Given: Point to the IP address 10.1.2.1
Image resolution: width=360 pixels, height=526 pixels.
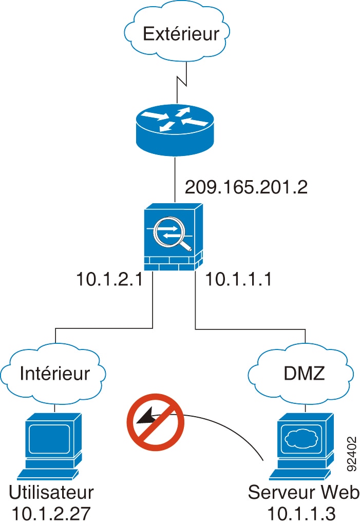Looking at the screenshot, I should pos(109,280).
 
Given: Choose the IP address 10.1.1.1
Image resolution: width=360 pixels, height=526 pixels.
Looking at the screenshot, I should pos(238,280).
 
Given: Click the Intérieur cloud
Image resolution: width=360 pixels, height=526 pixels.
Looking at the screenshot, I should pos(54,373).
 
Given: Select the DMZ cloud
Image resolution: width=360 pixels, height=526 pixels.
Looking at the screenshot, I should pos(305,373).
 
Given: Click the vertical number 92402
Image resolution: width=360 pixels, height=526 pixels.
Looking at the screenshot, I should pos(352,454).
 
